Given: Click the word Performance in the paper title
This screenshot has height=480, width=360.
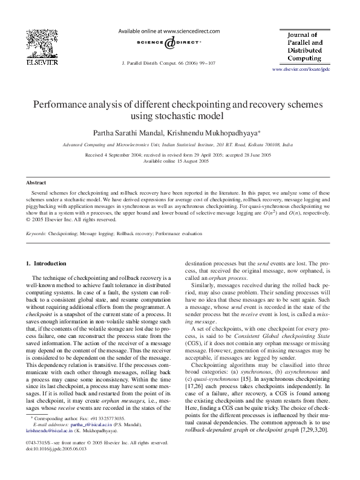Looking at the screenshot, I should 71,104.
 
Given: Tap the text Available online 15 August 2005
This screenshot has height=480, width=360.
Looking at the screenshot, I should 176,161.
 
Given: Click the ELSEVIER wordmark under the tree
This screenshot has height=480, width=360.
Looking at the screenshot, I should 41,62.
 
